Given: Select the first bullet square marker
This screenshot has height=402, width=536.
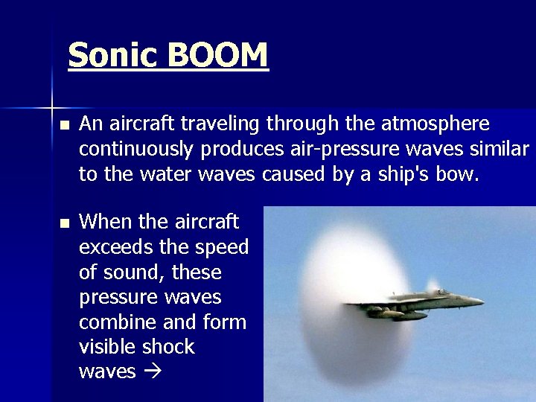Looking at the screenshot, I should tap(65, 125).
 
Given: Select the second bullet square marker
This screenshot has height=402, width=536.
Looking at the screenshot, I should tap(65, 223).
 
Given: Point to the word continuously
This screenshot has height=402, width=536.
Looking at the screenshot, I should tap(137, 149).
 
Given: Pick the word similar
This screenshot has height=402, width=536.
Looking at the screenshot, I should tap(499, 148).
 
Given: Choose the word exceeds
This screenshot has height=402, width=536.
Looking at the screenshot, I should tap(115, 246).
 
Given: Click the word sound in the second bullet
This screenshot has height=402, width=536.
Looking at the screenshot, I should tap(135, 272).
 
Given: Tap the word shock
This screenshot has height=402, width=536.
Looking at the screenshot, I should tap(169, 347).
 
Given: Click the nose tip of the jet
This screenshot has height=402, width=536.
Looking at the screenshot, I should tap(482, 301).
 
